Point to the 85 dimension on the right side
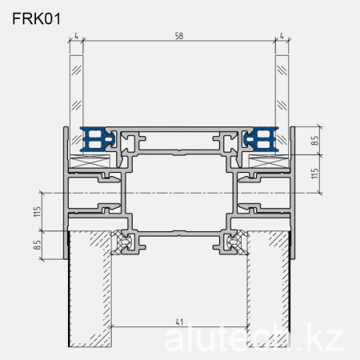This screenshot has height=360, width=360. (315, 141)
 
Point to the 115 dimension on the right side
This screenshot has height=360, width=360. (315, 174)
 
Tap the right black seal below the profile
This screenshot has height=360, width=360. (234, 241)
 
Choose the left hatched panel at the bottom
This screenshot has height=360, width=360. (90, 288)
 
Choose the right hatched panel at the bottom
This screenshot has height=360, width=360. (268, 288)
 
